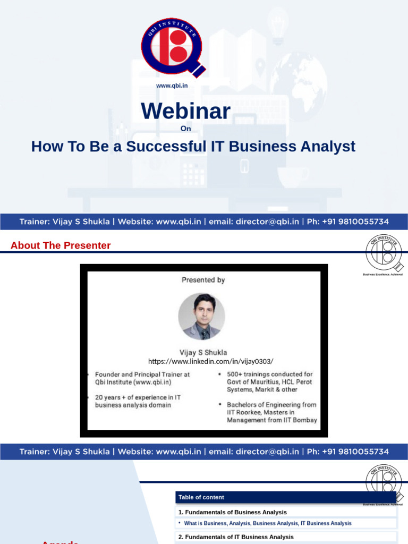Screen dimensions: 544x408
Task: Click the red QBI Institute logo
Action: pos(172,47)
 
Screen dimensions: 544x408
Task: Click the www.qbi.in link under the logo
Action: pos(172,86)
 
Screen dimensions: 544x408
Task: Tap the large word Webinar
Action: pos(185,111)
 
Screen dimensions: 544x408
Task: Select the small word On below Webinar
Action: pos(185,128)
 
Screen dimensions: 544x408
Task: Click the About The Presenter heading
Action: pos(61,245)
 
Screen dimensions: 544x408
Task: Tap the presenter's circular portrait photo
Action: pos(201,317)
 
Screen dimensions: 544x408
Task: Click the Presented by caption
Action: pos(203,280)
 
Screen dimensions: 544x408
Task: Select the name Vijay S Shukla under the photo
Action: pos(203,352)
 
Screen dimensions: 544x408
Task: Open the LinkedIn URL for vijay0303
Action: pos(210,361)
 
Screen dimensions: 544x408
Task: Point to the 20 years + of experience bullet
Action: pos(138,401)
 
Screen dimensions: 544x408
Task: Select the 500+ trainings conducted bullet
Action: pos(269,381)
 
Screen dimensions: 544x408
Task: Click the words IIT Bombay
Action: pos(301,420)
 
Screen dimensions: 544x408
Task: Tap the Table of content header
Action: pos(201,497)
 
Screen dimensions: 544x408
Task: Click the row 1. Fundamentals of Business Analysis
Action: pos(233,512)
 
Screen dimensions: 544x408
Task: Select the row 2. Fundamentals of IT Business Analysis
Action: pos(236,537)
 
